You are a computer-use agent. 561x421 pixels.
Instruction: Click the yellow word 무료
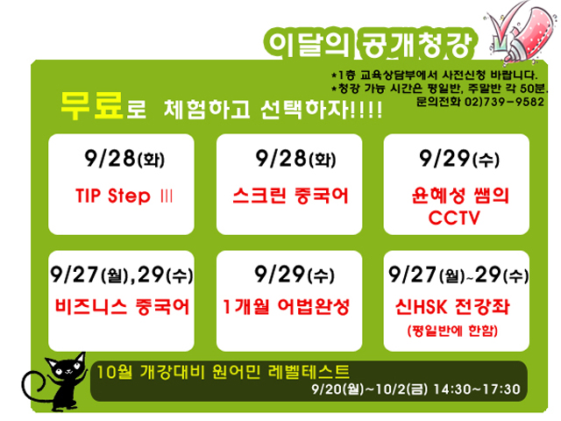click(x=92, y=105)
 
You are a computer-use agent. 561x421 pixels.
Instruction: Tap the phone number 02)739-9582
click(x=505, y=102)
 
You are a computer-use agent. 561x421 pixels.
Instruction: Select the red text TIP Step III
click(x=124, y=196)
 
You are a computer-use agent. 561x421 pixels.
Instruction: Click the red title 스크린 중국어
click(x=290, y=196)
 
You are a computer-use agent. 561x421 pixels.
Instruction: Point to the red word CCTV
click(x=454, y=218)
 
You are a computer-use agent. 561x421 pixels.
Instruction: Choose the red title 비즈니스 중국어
click(x=122, y=307)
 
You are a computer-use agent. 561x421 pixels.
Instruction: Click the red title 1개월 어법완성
click(x=286, y=307)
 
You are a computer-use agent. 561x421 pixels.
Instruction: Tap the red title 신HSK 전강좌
click(x=452, y=307)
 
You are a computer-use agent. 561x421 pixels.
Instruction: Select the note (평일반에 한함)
click(x=452, y=330)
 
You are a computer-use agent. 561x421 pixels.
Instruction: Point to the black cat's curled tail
click(x=34, y=389)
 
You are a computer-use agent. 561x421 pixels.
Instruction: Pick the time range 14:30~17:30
click(x=477, y=389)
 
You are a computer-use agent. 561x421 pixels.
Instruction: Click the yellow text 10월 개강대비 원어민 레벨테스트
click(x=224, y=372)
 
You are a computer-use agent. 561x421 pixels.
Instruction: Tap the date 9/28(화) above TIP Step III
click(x=124, y=159)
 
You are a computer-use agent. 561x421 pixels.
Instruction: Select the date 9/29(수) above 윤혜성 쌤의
click(x=459, y=159)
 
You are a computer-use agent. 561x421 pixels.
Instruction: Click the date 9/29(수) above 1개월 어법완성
click(x=295, y=275)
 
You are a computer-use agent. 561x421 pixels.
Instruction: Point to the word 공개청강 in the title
click(x=416, y=45)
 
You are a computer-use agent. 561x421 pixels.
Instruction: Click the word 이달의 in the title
click(x=309, y=45)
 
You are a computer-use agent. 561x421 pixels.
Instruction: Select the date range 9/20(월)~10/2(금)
click(x=369, y=389)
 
